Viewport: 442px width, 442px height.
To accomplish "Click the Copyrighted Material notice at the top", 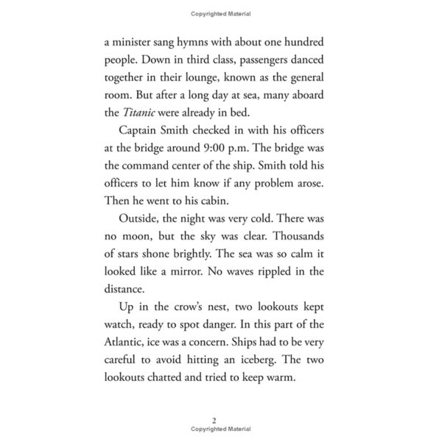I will [220, 13].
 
